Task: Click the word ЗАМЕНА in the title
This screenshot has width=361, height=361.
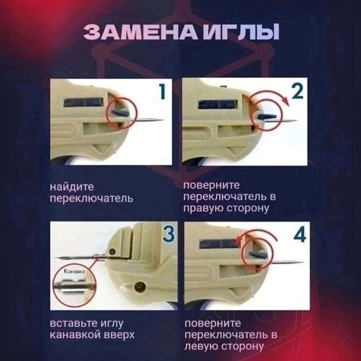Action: pos(143,32)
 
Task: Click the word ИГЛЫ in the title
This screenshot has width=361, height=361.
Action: pos(243,32)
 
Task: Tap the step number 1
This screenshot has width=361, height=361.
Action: pos(162,91)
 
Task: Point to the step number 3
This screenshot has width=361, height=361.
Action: pos(169,234)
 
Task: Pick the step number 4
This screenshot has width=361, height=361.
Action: pos(300,234)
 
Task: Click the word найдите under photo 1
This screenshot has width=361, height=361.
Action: pos(72,187)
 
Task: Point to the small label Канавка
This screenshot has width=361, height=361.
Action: pos(74,271)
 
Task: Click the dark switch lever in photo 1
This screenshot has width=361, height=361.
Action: pos(120,113)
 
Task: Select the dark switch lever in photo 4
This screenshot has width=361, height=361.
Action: pos(258,255)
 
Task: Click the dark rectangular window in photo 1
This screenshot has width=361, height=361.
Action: pos(83,102)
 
